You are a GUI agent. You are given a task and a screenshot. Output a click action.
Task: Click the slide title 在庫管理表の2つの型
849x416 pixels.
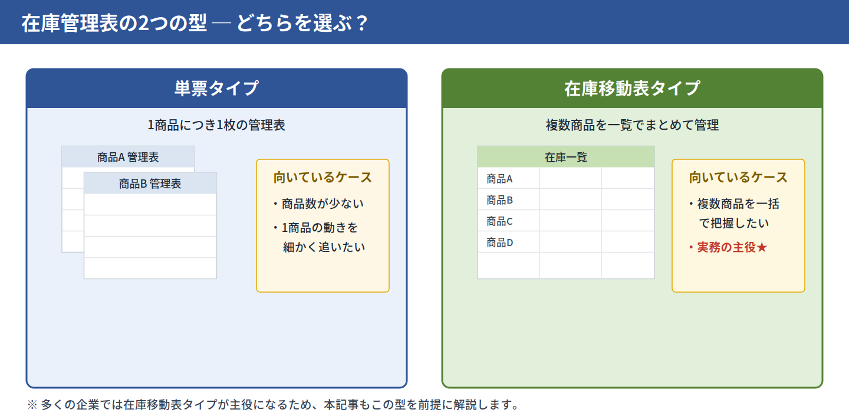point(114,23)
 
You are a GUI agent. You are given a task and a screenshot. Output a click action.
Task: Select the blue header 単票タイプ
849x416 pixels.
point(216,88)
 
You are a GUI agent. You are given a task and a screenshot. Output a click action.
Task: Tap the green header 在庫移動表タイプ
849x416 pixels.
point(632,88)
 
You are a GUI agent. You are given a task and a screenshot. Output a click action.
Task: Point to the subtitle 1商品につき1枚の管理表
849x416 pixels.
point(216,125)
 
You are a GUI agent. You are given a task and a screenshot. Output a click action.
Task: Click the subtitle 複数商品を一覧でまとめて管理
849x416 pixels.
point(632,125)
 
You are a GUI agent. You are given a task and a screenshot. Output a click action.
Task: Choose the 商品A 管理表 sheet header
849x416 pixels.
point(128,157)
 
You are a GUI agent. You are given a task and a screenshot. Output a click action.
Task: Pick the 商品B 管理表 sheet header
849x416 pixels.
point(150,184)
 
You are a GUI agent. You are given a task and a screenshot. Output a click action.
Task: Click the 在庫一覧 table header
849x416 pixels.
point(566,157)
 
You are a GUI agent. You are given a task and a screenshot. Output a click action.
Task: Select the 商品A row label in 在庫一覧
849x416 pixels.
point(499,179)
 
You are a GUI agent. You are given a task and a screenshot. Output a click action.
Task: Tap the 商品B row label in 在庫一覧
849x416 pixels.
point(499,200)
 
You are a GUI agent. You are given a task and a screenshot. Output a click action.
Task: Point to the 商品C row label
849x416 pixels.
point(499,221)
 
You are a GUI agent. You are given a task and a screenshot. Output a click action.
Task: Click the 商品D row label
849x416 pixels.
point(499,243)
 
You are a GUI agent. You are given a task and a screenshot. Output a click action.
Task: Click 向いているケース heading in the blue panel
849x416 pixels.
point(323,178)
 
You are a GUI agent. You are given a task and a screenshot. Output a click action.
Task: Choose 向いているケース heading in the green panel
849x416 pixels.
point(738,178)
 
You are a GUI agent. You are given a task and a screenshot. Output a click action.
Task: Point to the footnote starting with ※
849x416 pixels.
point(274,405)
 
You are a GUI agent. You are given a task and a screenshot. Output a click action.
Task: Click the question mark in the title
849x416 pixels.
point(362,23)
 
